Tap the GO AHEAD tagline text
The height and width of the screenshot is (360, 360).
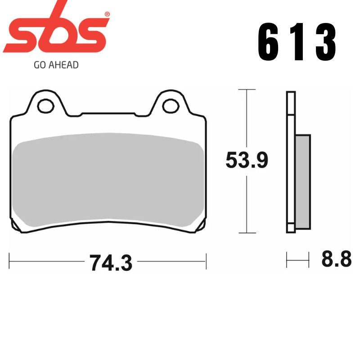coord(56,65)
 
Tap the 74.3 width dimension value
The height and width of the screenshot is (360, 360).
coord(111,262)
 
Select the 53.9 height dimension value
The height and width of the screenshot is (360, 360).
coord(247,161)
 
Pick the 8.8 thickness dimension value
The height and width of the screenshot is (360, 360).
coord(336,260)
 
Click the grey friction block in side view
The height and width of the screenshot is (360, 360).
coord(303,180)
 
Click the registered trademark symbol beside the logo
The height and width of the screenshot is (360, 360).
coord(107,14)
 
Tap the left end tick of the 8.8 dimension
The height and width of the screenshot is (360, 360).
coord(287,260)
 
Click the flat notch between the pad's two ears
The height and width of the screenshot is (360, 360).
coord(108,113)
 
